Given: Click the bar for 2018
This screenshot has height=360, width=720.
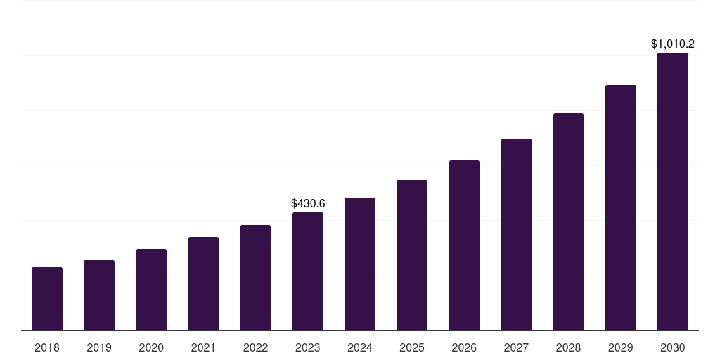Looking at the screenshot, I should click(x=47, y=299).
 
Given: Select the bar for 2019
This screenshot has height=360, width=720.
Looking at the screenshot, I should click(x=99, y=295).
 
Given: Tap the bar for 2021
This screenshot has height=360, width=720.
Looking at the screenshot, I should click(x=203, y=284).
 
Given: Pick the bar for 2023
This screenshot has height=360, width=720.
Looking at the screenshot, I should click(x=308, y=271).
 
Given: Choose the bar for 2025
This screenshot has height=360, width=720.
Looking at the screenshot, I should click(x=412, y=255).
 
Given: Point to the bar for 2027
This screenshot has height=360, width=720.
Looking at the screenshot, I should click(x=516, y=235).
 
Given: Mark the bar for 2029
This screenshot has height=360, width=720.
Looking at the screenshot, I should click(x=620, y=208).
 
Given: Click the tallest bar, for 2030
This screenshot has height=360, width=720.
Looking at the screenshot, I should click(x=673, y=192).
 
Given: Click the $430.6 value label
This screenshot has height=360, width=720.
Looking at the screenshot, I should click(x=308, y=203).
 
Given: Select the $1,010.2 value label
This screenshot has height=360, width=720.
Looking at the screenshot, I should click(x=673, y=44).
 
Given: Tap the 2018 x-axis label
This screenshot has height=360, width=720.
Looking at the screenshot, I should click(x=47, y=347).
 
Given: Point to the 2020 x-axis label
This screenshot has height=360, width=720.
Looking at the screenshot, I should click(x=151, y=347).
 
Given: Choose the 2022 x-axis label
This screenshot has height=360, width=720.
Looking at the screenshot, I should click(x=255, y=347).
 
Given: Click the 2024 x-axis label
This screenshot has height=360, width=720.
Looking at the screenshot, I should click(x=360, y=347).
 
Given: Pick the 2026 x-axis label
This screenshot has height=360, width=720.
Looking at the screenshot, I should click(x=464, y=347).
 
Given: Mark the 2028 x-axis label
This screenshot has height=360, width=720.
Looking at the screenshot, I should click(x=568, y=347).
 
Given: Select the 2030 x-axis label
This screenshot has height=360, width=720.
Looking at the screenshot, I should click(x=673, y=347).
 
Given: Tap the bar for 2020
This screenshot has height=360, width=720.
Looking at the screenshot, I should click(x=151, y=290).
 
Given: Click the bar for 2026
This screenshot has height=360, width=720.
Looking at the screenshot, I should click(x=464, y=245).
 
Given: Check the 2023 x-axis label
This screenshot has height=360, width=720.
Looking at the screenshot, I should click(x=308, y=347).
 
